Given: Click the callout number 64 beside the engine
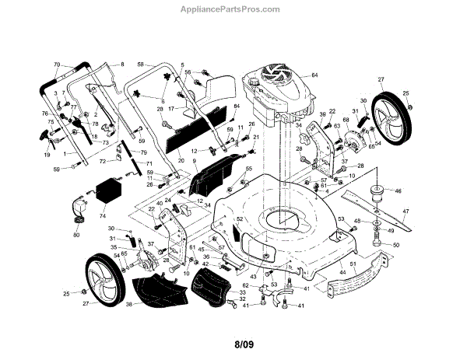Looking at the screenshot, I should pos(315,75).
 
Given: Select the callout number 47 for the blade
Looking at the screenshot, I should pos(427,211).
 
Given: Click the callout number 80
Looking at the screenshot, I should pos(75,235).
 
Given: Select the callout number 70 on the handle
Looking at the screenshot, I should pos(56,64).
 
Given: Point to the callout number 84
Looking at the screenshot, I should pos(236,107).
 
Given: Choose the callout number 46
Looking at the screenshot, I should pos(398,190).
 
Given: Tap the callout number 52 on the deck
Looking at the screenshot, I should pos(241,220).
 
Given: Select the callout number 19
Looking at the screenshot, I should pos(47,155).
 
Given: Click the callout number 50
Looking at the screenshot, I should pos(396,246).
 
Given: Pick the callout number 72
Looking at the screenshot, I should pos(102,160).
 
